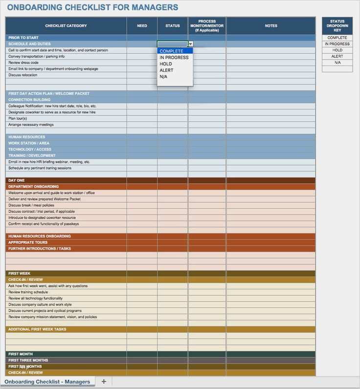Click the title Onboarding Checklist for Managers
[x=92, y=7]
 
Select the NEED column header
[x=142, y=26]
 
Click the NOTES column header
[x=270, y=26]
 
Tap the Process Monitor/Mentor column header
[x=207, y=26]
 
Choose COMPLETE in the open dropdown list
[x=172, y=51]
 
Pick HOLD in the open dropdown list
[x=166, y=64]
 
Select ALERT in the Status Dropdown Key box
[x=337, y=56]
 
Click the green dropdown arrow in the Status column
[x=190, y=44]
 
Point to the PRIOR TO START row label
[x=23, y=38]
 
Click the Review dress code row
[x=23, y=63]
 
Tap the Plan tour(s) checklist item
[x=18, y=118]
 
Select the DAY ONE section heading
[x=16, y=180]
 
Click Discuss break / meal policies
[x=31, y=205]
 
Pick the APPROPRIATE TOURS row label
[x=28, y=242]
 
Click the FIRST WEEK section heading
[x=20, y=274]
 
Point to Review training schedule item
[x=28, y=292]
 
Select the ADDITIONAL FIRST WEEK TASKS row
[x=37, y=329]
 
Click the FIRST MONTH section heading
[x=21, y=354]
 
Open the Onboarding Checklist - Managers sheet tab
[x=47, y=382]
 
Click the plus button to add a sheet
[x=104, y=381]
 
